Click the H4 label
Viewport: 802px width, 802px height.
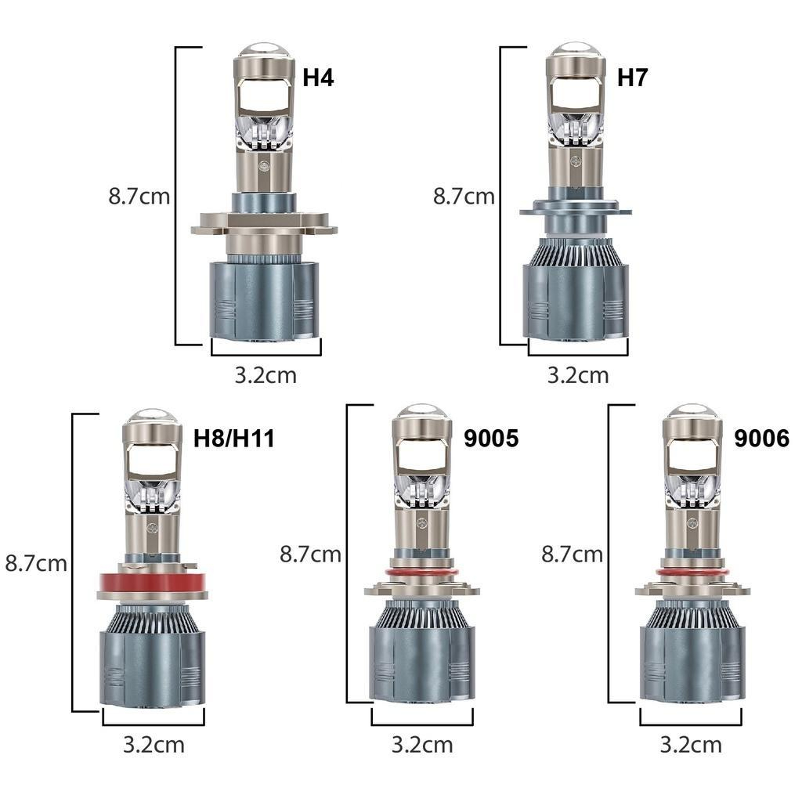click(x=318, y=78)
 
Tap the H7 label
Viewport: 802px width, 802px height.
click(x=632, y=78)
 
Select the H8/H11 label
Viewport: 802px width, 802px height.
click(x=233, y=439)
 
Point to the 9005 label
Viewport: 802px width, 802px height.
click(x=491, y=439)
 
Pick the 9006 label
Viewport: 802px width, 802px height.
click(x=761, y=439)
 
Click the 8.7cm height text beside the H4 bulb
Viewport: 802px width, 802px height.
click(x=139, y=197)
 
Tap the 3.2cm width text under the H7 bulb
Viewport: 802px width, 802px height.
click(x=578, y=375)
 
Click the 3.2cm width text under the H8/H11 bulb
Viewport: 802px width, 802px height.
click(x=154, y=745)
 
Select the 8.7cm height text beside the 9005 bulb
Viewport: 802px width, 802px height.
click(x=310, y=555)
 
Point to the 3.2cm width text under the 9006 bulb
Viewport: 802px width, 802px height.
click(x=691, y=745)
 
